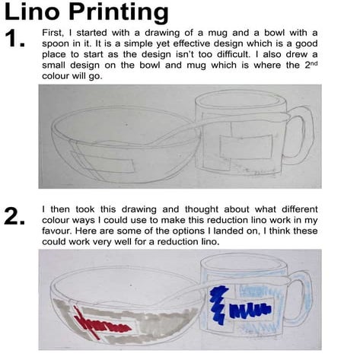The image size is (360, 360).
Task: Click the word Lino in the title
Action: click(35, 12)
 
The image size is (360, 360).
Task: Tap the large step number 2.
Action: click(15, 217)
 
